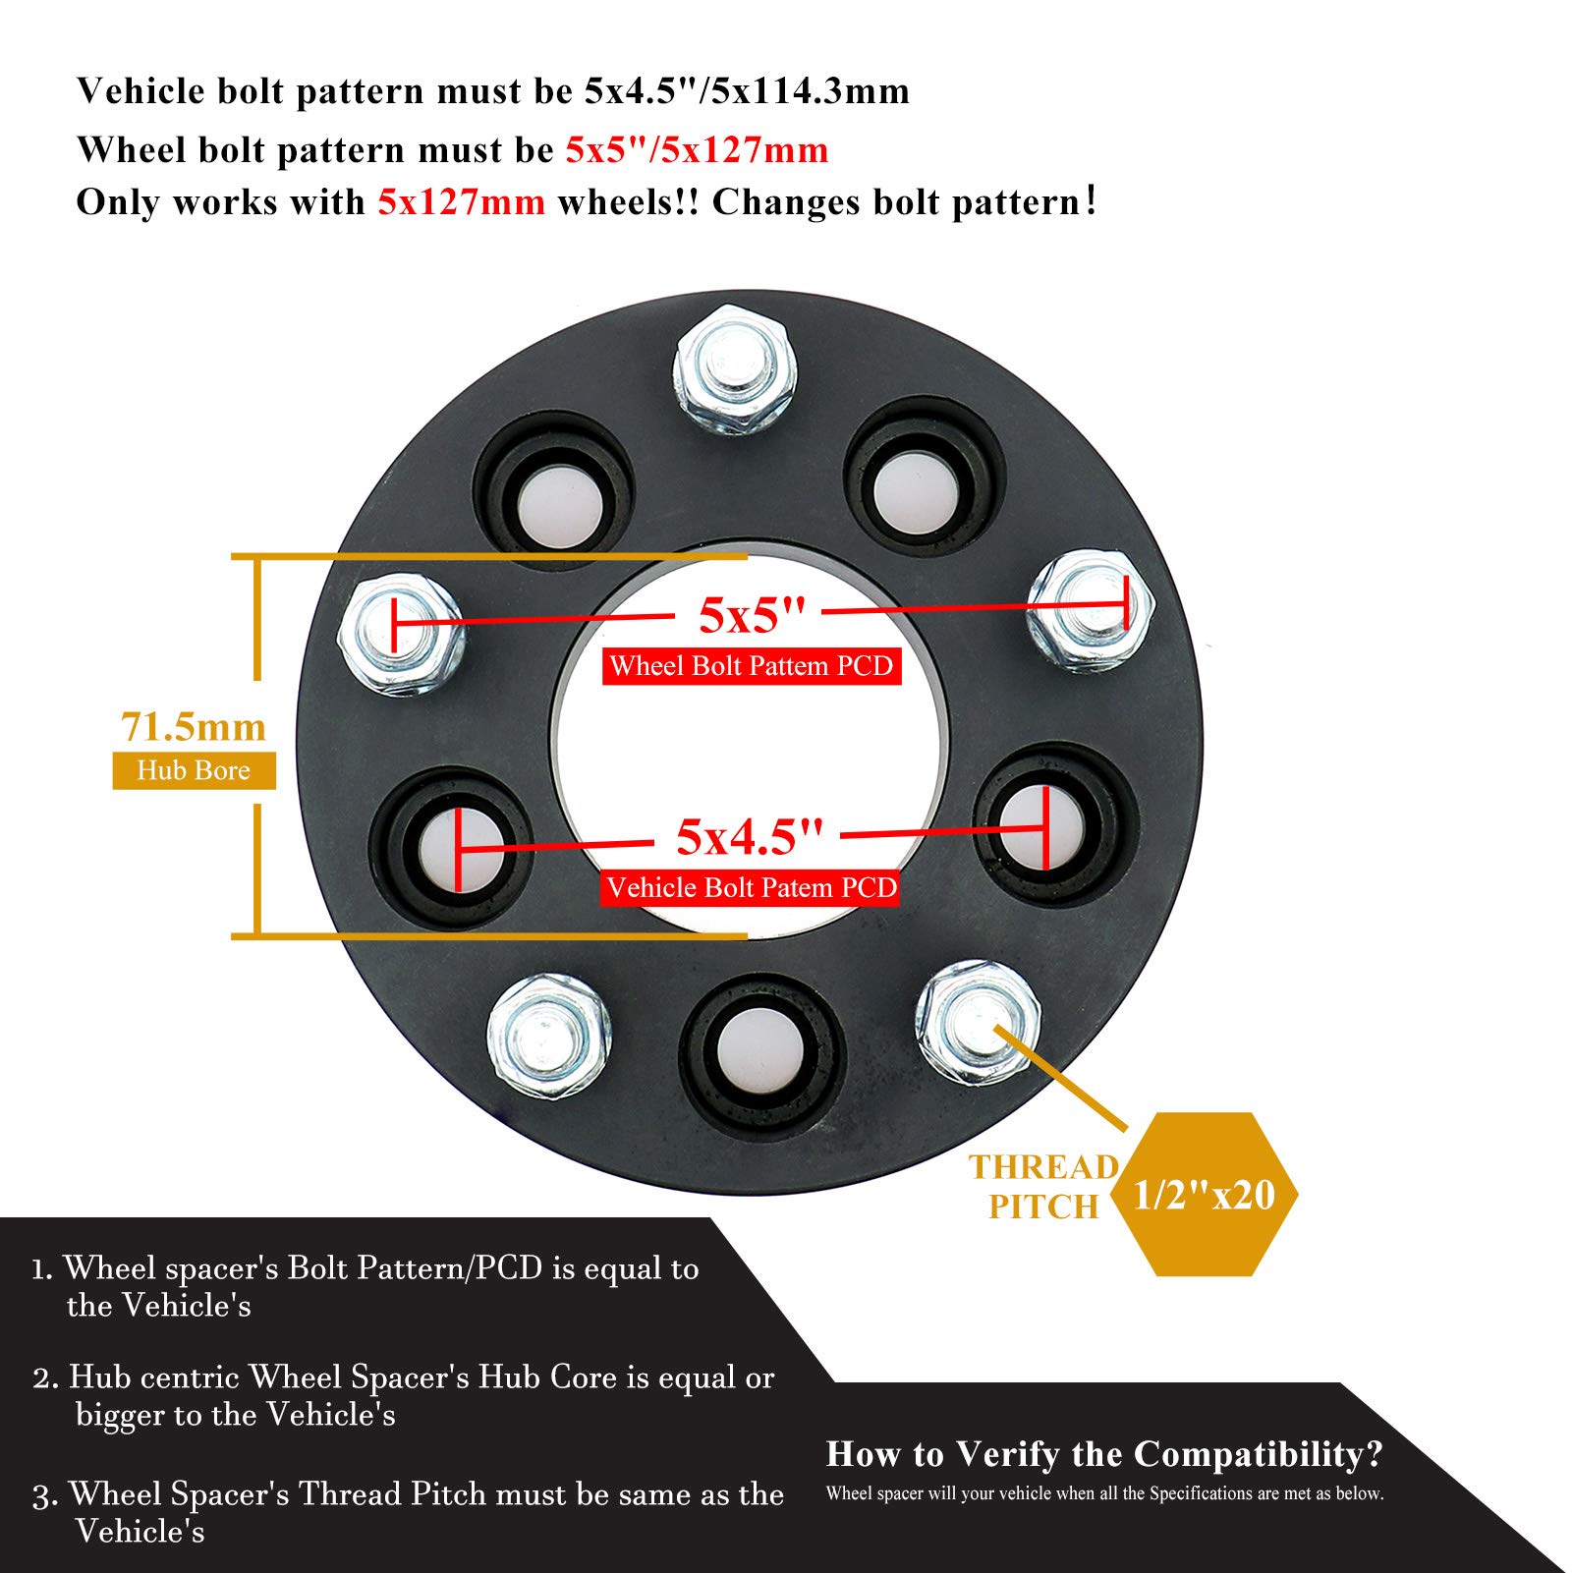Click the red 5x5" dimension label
[752, 616]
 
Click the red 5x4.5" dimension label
[749, 837]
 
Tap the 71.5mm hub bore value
[194, 727]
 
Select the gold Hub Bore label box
[194, 770]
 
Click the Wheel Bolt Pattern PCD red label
[752, 666]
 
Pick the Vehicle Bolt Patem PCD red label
[751, 888]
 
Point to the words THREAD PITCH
[1043, 1187]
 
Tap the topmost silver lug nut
[735, 368]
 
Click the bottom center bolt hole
[760, 1054]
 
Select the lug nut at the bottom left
[548, 1037]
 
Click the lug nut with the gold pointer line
[977, 1022]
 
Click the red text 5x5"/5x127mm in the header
[697, 150]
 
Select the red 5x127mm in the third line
[461, 202]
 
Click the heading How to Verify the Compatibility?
[1104, 1453]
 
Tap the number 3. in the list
[45, 1495]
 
